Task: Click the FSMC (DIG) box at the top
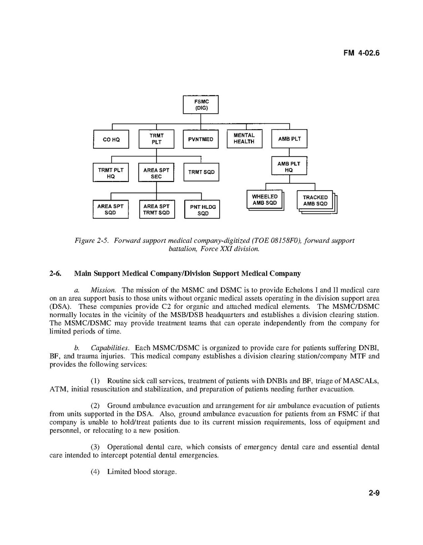[201, 105]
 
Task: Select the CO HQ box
[111, 139]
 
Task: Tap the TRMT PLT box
[156, 139]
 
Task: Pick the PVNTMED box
[201, 139]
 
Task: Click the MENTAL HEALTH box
[244, 138]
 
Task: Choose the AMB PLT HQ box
[289, 166]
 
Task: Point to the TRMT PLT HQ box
[111, 173]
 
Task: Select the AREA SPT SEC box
[156, 173]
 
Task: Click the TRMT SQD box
[201, 172]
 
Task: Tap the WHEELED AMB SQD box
[264, 200]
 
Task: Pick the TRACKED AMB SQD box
[315, 201]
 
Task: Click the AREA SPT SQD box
[111, 209]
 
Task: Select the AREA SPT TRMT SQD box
[156, 209]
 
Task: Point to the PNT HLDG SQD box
[202, 210]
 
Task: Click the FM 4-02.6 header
[361, 53]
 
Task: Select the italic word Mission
[103, 290]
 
